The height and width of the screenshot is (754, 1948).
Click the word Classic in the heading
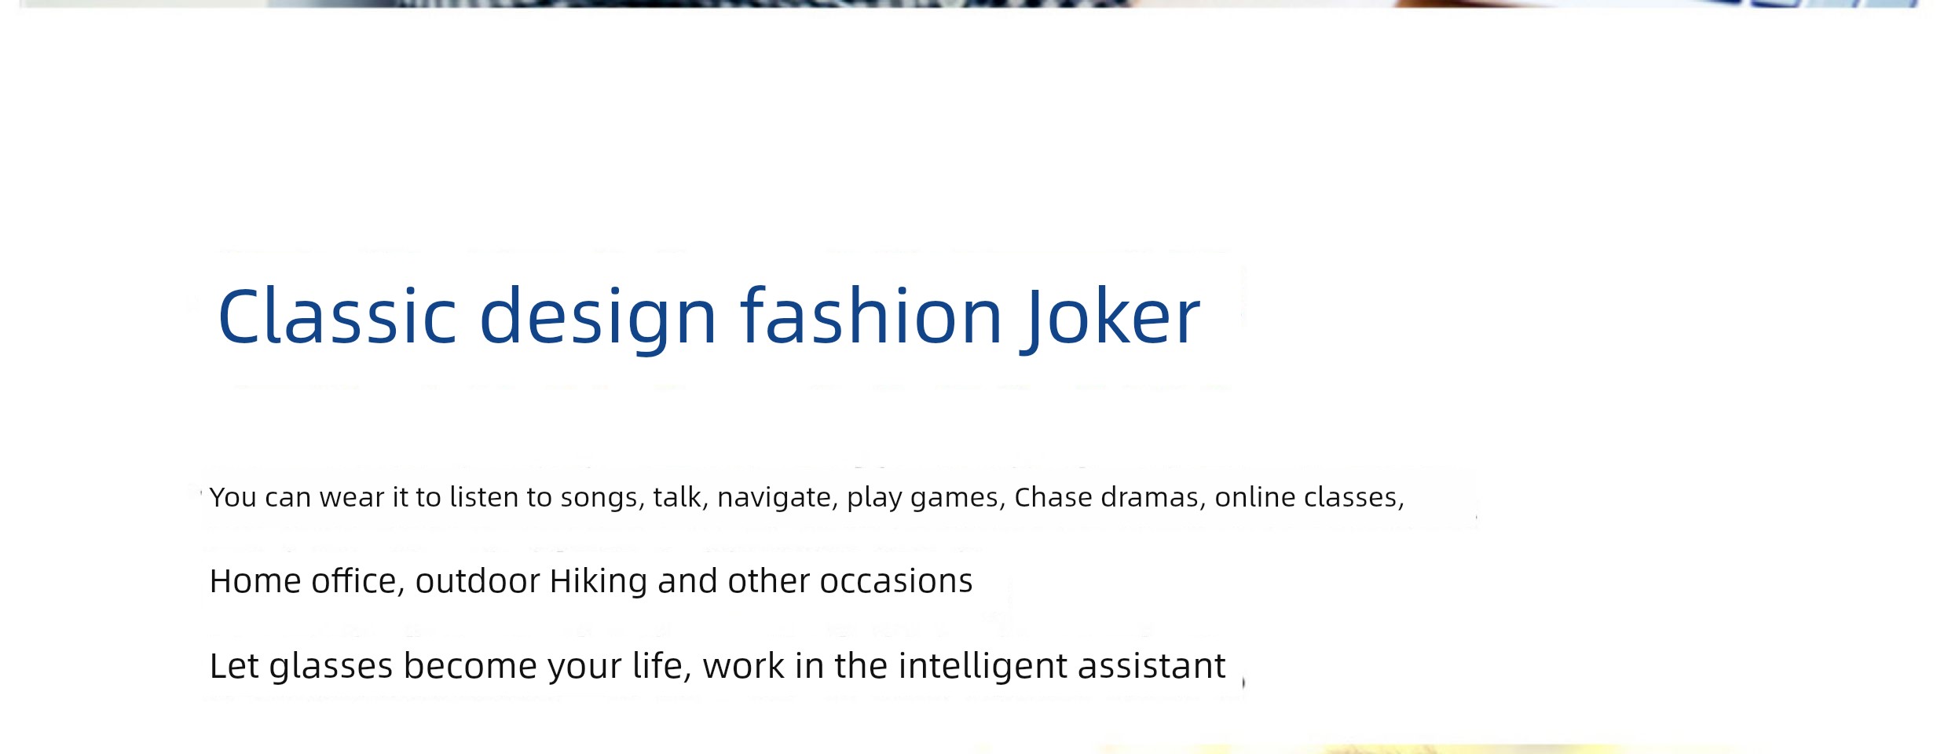[337, 316]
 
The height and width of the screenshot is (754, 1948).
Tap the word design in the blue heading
[598, 317]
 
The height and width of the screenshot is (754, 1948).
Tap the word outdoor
[478, 581]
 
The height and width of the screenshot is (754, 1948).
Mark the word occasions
[896, 582]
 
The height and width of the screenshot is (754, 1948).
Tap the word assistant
[1152, 666]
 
